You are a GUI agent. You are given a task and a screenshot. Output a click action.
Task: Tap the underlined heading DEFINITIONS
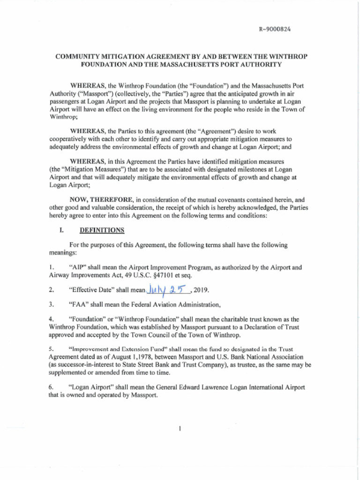click(x=102, y=230)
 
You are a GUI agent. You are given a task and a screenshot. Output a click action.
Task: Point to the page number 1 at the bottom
click(x=180, y=429)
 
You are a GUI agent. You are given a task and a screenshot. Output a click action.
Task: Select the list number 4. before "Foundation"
click(x=52, y=319)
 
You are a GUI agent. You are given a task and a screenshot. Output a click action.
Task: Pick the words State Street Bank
click(x=139, y=364)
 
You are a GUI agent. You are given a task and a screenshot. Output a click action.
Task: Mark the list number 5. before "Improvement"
click(x=52, y=349)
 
